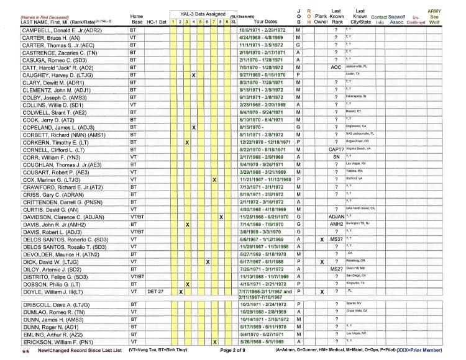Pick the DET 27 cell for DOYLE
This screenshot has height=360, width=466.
click(155, 290)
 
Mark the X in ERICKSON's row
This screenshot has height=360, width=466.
click(214, 341)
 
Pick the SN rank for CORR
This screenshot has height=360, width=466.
click(336, 158)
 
